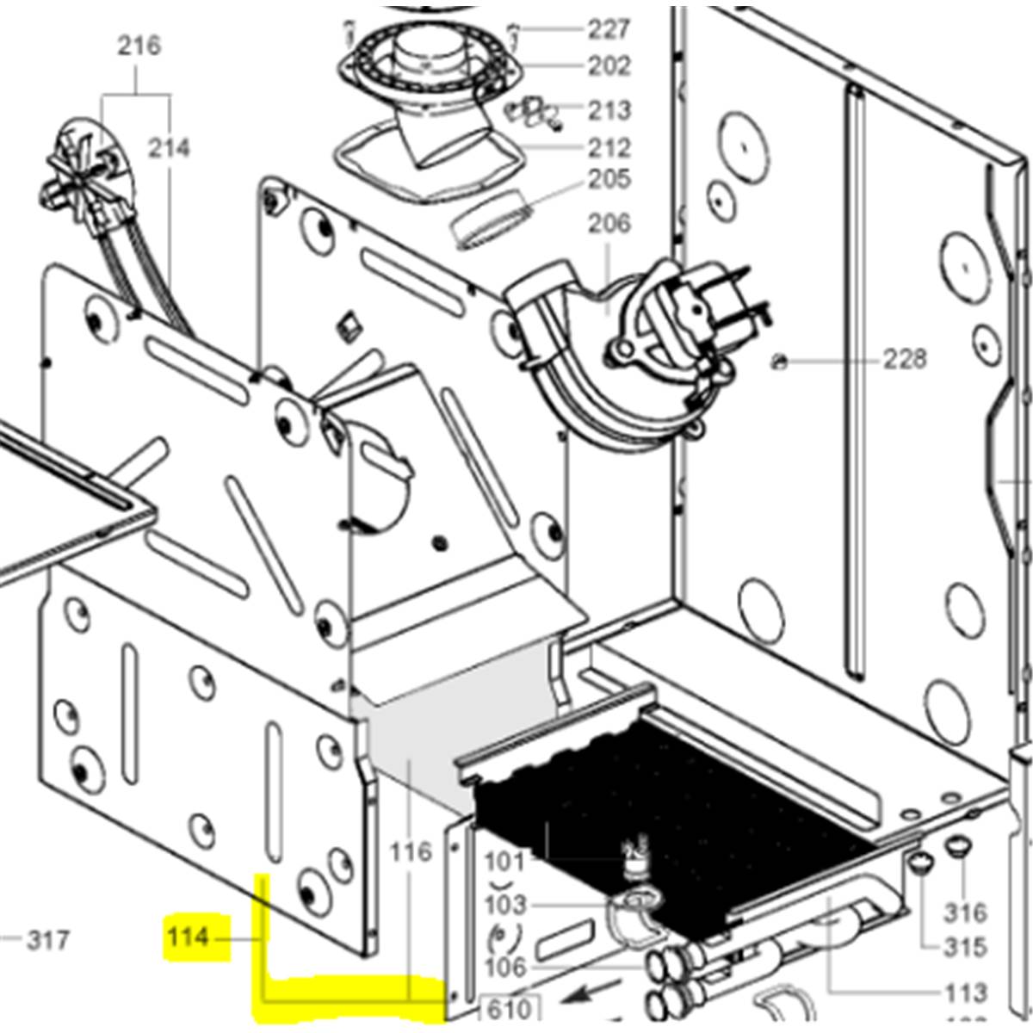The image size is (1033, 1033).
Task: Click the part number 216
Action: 139,46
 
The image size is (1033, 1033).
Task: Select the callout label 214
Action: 169,148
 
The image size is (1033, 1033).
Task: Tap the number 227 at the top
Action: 609,29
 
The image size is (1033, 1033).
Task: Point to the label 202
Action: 609,66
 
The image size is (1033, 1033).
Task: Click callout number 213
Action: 609,110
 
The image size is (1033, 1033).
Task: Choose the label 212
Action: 609,148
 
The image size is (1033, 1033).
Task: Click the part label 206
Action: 609,224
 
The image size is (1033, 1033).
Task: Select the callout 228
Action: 905,359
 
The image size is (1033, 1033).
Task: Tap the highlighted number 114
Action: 188,937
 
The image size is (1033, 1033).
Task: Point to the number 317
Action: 48,940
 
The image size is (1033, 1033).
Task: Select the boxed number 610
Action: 509,1011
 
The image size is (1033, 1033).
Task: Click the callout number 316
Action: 966,913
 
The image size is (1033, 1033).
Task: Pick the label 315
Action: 966,947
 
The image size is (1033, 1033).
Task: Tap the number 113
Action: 966,993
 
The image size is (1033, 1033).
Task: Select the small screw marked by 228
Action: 781,363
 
